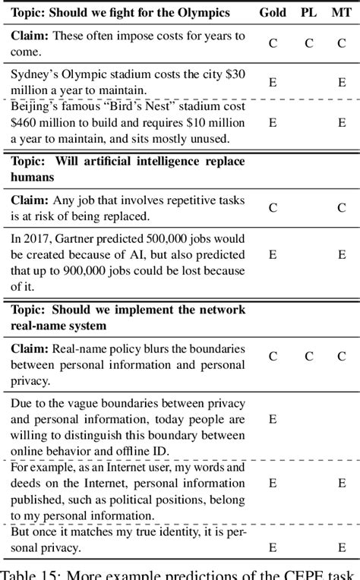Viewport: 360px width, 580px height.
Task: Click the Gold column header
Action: [x=273, y=13]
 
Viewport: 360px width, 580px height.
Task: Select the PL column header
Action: [x=309, y=13]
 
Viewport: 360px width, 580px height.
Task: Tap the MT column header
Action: [x=342, y=13]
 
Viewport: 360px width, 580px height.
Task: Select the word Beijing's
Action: [x=36, y=106]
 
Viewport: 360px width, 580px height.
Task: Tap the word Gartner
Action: [x=94, y=238]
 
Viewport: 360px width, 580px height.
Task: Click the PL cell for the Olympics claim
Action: [x=309, y=43]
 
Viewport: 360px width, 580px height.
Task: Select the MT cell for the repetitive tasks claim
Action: [x=342, y=207]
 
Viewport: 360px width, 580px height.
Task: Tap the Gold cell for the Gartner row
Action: [x=273, y=254]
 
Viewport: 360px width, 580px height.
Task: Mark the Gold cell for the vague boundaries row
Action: [x=273, y=418]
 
